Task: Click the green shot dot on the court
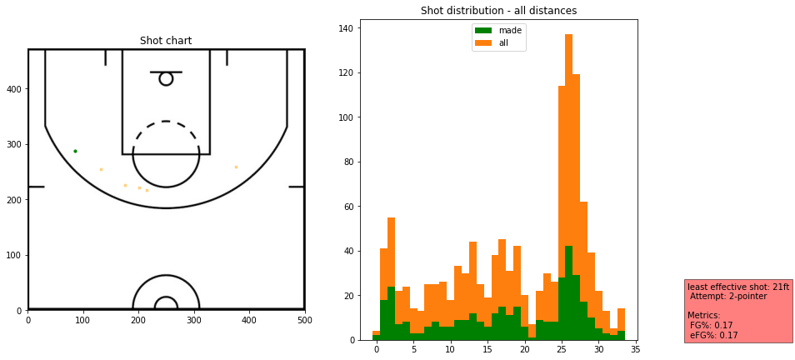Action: point(75,151)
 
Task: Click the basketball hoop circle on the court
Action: point(166,78)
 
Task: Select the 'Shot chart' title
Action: point(166,41)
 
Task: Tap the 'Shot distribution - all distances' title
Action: point(498,11)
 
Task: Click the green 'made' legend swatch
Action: point(483,31)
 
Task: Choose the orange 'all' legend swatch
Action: point(483,42)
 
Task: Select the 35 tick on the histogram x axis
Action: point(635,350)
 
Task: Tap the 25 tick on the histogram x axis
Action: point(562,350)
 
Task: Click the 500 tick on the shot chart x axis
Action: point(304,319)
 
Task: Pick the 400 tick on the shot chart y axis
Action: point(14,89)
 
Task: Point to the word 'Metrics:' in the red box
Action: point(704,315)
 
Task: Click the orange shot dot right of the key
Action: point(236,167)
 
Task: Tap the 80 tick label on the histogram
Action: point(350,162)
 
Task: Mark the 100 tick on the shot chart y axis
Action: point(14,255)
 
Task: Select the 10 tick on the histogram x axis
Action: point(450,350)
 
